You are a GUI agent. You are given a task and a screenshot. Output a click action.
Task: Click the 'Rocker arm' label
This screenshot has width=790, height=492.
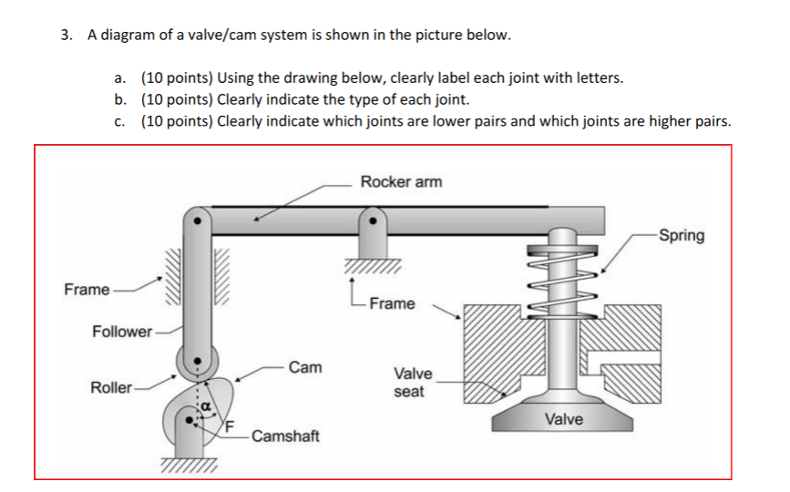coord(401,181)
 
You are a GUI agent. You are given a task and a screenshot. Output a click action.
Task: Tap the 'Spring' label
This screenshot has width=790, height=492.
coord(682,236)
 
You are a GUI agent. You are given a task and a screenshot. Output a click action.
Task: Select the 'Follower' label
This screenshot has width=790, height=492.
coord(122,331)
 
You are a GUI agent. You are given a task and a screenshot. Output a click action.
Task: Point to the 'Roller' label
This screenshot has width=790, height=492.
coord(111,387)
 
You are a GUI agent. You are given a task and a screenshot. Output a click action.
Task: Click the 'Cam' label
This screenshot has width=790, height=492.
coord(304,367)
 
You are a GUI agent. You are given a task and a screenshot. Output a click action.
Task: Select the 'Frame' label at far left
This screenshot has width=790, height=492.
coord(87,290)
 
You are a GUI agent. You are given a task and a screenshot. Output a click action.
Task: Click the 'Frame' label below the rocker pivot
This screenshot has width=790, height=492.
coord(392,303)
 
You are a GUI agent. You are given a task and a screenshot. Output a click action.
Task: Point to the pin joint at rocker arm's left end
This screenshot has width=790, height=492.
coord(197,220)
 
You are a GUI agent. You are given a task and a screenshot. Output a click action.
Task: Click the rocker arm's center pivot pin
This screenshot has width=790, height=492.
coord(371,220)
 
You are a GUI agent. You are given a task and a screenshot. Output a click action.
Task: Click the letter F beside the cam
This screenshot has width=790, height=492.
coord(230,425)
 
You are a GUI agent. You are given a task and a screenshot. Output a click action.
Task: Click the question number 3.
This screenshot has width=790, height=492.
coord(66,36)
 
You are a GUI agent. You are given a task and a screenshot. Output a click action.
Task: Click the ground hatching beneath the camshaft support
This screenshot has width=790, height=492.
coord(190,466)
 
